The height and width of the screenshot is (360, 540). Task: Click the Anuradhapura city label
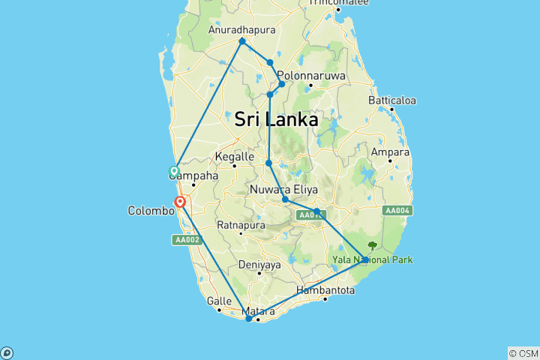click(241, 30)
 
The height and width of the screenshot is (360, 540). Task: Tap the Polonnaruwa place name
click(310, 76)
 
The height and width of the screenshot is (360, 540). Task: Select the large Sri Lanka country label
click(276, 119)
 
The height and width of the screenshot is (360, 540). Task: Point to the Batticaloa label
click(392, 100)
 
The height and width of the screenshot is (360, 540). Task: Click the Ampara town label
click(388, 151)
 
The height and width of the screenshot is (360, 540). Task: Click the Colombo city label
click(150, 211)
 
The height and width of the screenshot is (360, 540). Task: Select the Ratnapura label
click(238, 224)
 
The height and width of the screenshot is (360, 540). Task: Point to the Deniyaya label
click(259, 265)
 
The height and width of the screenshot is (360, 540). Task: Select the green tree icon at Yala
click(373, 245)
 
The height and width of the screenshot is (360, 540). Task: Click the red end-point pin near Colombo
click(180, 202)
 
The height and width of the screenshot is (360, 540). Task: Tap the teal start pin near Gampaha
click(174, 171)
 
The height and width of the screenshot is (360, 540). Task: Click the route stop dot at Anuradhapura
click(242, 40)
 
